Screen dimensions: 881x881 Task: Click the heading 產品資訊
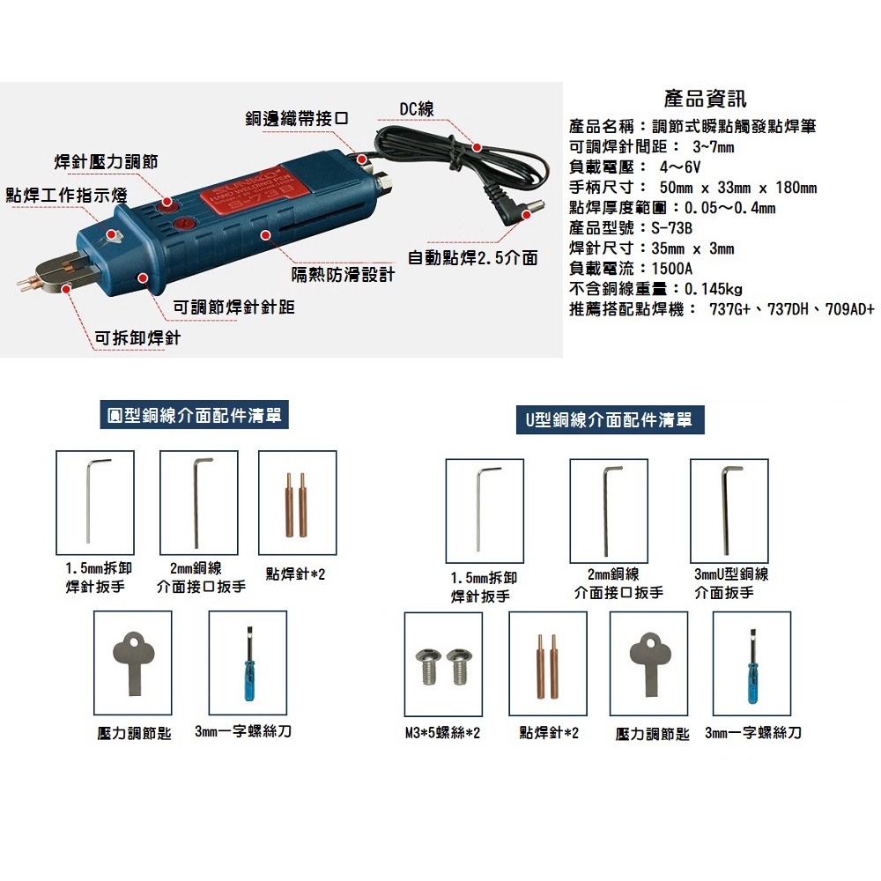[x=705, y=99]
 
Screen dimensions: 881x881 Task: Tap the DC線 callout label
[x=417, y=108]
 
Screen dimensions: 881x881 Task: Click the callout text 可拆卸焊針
[x=137, y=337]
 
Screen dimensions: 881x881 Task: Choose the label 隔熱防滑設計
[x=343, y=276]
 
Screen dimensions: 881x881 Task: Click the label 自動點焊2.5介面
[x=472, y=258]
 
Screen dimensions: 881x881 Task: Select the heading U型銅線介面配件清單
[x=609, y=420]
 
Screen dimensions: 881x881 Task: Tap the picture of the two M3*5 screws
[x=443, y=665]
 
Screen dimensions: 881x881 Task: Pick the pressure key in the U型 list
[x=648, y=663]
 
